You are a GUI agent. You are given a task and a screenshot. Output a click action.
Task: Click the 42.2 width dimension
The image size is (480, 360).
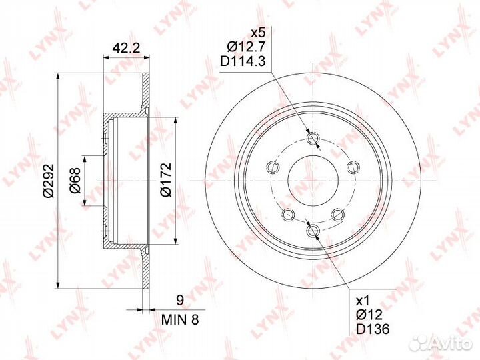click(x=126, y=48)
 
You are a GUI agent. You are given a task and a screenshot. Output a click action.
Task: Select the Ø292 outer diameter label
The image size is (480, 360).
click(x=49, y=181)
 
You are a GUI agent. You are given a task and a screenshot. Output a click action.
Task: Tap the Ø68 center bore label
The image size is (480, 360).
click(x=75, y=180)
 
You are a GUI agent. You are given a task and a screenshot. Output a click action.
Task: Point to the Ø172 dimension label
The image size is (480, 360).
click(x=165, y=179)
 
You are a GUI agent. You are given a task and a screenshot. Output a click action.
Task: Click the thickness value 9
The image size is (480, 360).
click(x=180, y=300)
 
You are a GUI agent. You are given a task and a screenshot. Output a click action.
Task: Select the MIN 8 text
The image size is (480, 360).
click(x=180, y=320)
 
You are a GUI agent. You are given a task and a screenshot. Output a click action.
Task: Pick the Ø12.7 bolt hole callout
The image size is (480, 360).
click(x=246, y=47)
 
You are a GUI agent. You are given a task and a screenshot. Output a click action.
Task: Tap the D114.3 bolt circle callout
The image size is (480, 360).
click(x=243, y=62)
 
